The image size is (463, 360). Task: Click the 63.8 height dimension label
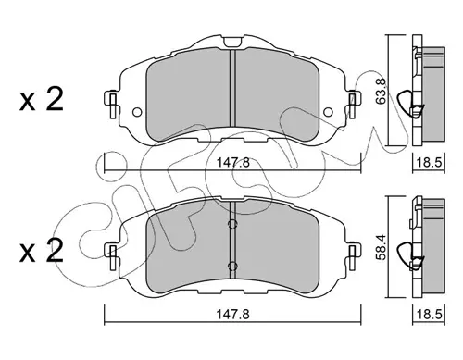(x=382, y=92)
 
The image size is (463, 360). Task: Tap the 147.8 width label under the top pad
(x=232, y=162)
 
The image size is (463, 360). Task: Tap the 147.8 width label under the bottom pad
(x=232, y=315)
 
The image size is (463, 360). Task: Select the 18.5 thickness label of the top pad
(x=429, y=162)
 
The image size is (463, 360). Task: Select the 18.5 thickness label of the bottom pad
(x=429, y=315)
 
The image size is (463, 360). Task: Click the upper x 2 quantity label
(x=41, y=99)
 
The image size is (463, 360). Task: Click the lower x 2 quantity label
(x=41, y=251)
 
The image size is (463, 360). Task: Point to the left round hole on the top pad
(x=137, y=112)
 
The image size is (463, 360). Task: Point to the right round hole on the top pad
(x=328, y=112)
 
